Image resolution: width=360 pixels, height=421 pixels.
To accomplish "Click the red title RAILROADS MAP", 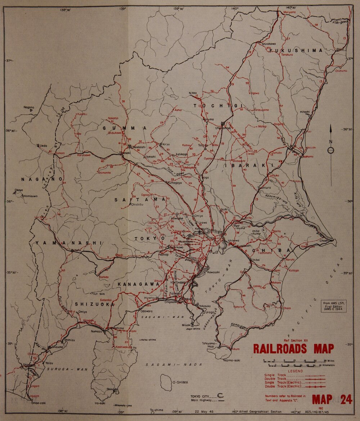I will click(293, 349).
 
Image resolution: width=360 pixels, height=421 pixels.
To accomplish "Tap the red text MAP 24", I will click(332, 400).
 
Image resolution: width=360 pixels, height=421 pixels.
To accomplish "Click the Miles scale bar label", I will click(329, 360).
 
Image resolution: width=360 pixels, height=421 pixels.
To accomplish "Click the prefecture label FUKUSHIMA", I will click(296, 51).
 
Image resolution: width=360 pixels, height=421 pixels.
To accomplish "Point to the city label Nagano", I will click(29, 107).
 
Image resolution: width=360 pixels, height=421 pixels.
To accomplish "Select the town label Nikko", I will click(193, 93).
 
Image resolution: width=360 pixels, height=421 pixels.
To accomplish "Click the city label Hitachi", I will click(305, 112).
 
